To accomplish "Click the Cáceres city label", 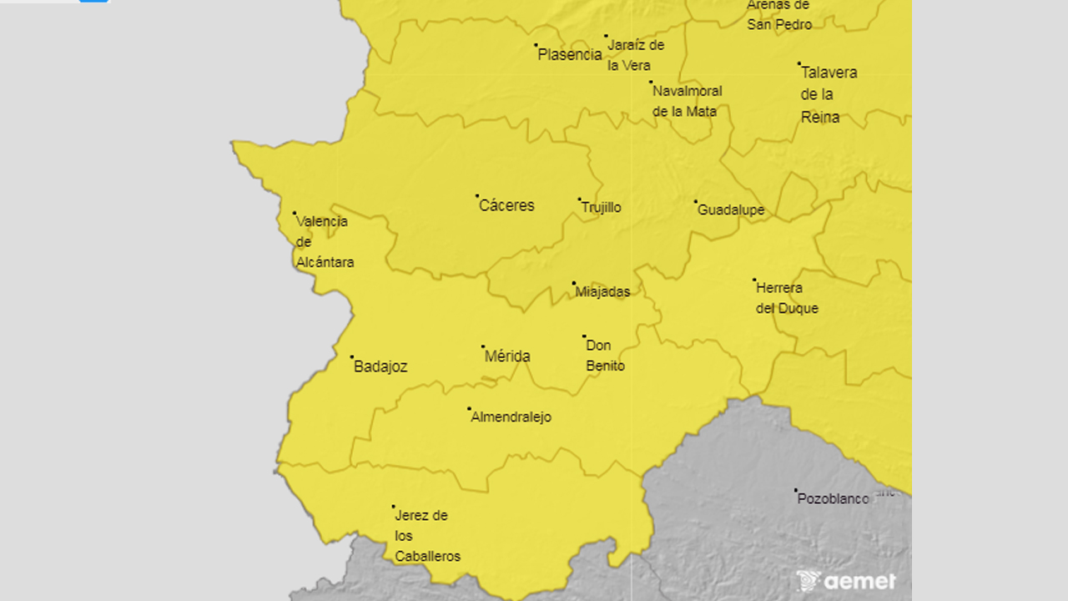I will (x=506, y=205).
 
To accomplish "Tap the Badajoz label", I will (x=380, y=366).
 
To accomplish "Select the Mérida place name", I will (x=507, y=356).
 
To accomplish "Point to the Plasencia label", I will (x=570, y=54).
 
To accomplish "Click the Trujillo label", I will (x=602, y=208).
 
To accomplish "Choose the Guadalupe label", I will (x=731, y=210).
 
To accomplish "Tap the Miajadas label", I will (x=602, y=292).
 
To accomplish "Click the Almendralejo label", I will (x=511, y=417).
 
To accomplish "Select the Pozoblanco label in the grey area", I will (x=833, y=499).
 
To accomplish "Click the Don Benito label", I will (x=605, y=356).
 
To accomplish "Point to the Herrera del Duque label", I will (x=786, y=298).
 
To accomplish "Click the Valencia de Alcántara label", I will (x=324, y=242).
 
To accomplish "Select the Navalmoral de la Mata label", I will (x=687, y=101).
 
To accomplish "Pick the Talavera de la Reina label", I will (x=828, y=94).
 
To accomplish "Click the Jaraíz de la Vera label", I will (x=635, y=55).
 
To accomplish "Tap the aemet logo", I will (x=846, y=581).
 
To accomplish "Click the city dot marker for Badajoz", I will (x=352, y=357).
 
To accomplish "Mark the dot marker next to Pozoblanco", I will (x=796, y=491).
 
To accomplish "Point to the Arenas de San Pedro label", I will (x=779, y=15).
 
